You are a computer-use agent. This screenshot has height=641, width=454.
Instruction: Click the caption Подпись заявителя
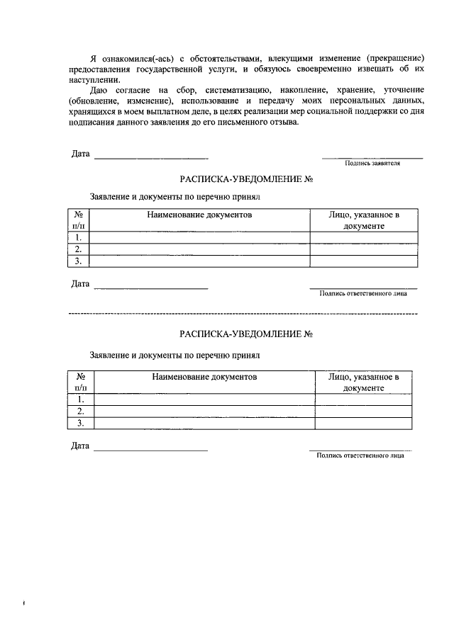click(372, 162)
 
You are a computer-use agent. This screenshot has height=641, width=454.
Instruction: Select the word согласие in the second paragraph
click(135, 91)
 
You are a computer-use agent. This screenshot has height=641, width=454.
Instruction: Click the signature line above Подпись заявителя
click(372, 157)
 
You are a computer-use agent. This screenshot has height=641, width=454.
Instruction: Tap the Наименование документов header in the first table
click(199, 214)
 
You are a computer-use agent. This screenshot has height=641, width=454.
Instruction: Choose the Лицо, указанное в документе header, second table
click(364, 382)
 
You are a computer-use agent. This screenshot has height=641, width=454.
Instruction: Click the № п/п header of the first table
click(79, 220)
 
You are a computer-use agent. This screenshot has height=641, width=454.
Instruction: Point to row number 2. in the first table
click(79, 249)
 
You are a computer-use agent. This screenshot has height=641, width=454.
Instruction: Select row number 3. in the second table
click(81, 423)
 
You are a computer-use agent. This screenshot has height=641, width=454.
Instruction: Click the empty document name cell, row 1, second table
click(204, 399)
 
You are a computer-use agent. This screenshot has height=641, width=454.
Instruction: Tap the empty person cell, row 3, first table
click(363, 261)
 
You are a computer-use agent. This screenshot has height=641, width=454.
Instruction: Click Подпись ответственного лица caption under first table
click(363, 293)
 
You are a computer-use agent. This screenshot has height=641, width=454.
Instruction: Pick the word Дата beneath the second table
click(80, 446)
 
